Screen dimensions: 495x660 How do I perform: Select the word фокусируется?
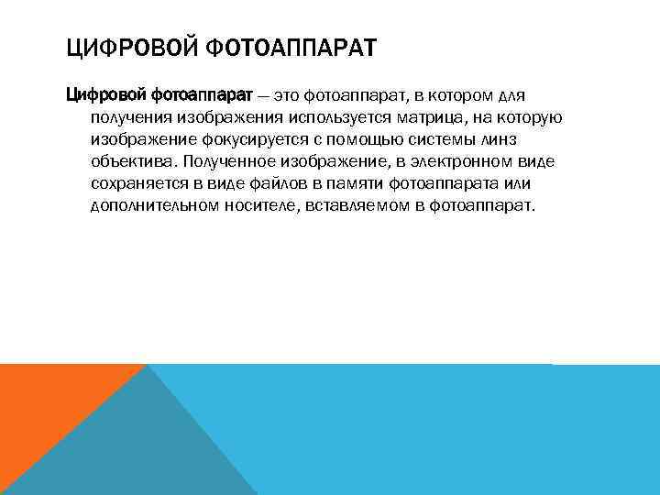coord(245,140)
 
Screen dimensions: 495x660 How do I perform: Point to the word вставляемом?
coord(362,205)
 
